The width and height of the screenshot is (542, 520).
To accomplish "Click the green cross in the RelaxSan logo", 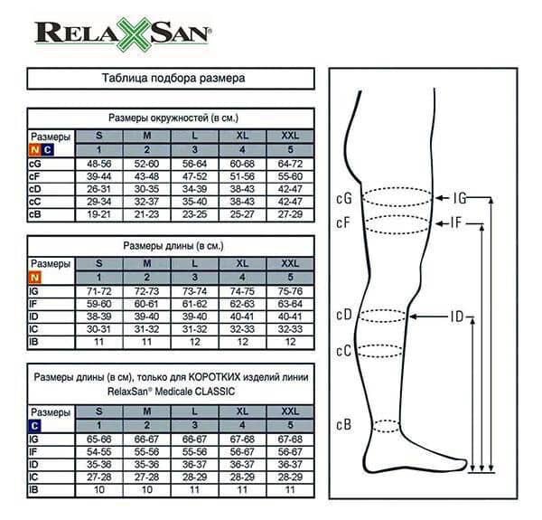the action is [x=133, y=34].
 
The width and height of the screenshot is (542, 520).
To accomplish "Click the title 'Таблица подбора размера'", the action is [x=173, y=78].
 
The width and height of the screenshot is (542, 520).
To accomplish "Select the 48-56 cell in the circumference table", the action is [x=98, y=164].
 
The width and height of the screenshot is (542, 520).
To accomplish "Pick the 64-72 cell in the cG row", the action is [x=290, y=164].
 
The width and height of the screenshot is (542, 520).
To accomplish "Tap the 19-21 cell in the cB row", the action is [x=98, y=214].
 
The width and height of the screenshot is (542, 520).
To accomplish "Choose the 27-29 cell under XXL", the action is [x=290, y=214].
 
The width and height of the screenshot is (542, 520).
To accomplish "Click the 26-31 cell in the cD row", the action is [x=98, y=189].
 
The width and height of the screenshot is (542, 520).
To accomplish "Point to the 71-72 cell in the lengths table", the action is [x=98, y=291].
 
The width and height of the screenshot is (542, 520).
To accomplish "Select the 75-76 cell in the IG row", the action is [x=290, y=291].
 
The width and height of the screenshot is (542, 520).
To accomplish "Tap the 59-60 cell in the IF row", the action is [x=98, y=304].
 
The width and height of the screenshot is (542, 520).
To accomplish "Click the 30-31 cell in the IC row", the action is [x=98, y=329].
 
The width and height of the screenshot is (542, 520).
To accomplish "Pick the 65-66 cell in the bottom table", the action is [x=98, y=440].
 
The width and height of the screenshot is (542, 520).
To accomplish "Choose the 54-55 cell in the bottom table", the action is [x=98, y=452].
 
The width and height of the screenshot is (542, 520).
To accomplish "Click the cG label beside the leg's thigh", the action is [x=344, y=198].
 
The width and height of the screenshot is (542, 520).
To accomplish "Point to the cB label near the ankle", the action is [x=344, y=424].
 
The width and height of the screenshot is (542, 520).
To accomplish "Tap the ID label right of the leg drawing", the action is [x=456, y=317].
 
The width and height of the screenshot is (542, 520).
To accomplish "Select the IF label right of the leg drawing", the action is [x=456, y=223].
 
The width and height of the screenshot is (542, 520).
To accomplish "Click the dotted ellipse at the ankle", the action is [x=387, y=426].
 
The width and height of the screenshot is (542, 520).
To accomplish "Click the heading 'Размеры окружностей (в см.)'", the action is [x=173, y=118].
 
